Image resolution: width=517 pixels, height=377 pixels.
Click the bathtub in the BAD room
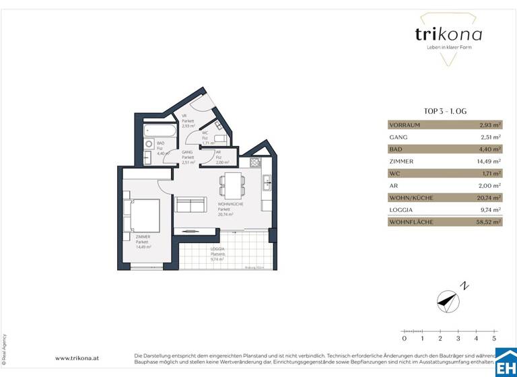(162, 128)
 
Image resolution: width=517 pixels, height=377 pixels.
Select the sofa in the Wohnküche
(191, 205)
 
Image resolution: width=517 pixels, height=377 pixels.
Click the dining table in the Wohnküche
(232, 182)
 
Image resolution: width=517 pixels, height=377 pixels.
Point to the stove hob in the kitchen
(255, 163)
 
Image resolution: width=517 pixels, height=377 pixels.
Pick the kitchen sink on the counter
(267, 181)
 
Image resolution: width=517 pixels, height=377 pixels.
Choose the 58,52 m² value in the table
(488, 221)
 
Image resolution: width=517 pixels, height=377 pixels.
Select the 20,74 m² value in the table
(488, 197)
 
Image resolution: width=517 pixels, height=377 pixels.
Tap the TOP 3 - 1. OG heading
(444, 112)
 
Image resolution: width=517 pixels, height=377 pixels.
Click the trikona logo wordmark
(444, 34)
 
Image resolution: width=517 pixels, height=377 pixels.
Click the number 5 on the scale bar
(494, 339)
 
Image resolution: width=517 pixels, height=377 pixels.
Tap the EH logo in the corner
(506, 364)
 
